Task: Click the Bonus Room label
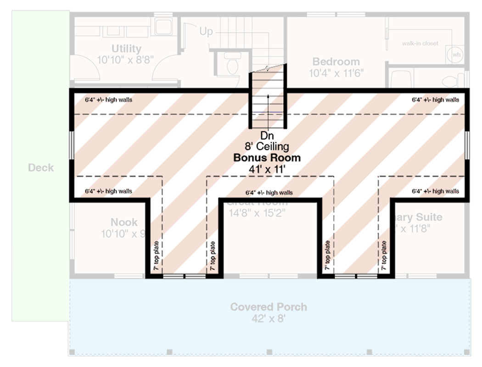click(267, 158)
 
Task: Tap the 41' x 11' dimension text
click(267, 169)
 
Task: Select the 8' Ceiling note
click(267, 147)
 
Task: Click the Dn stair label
click(267, 136)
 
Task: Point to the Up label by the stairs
click(206, 32)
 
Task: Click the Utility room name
click(126, 49)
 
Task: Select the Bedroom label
click(336, 61)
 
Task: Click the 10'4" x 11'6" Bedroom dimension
click(336, 72)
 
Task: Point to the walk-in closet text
click(420, 44)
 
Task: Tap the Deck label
click(41, 168)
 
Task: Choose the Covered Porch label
click(269, 307)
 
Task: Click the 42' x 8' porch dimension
click(269, 318)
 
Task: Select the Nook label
click(124, 222)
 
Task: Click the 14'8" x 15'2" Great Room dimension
click(258, 213)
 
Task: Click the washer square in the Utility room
click(163, 26)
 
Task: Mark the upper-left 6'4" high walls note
click(108, 100)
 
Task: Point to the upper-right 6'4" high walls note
click(435, 100)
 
